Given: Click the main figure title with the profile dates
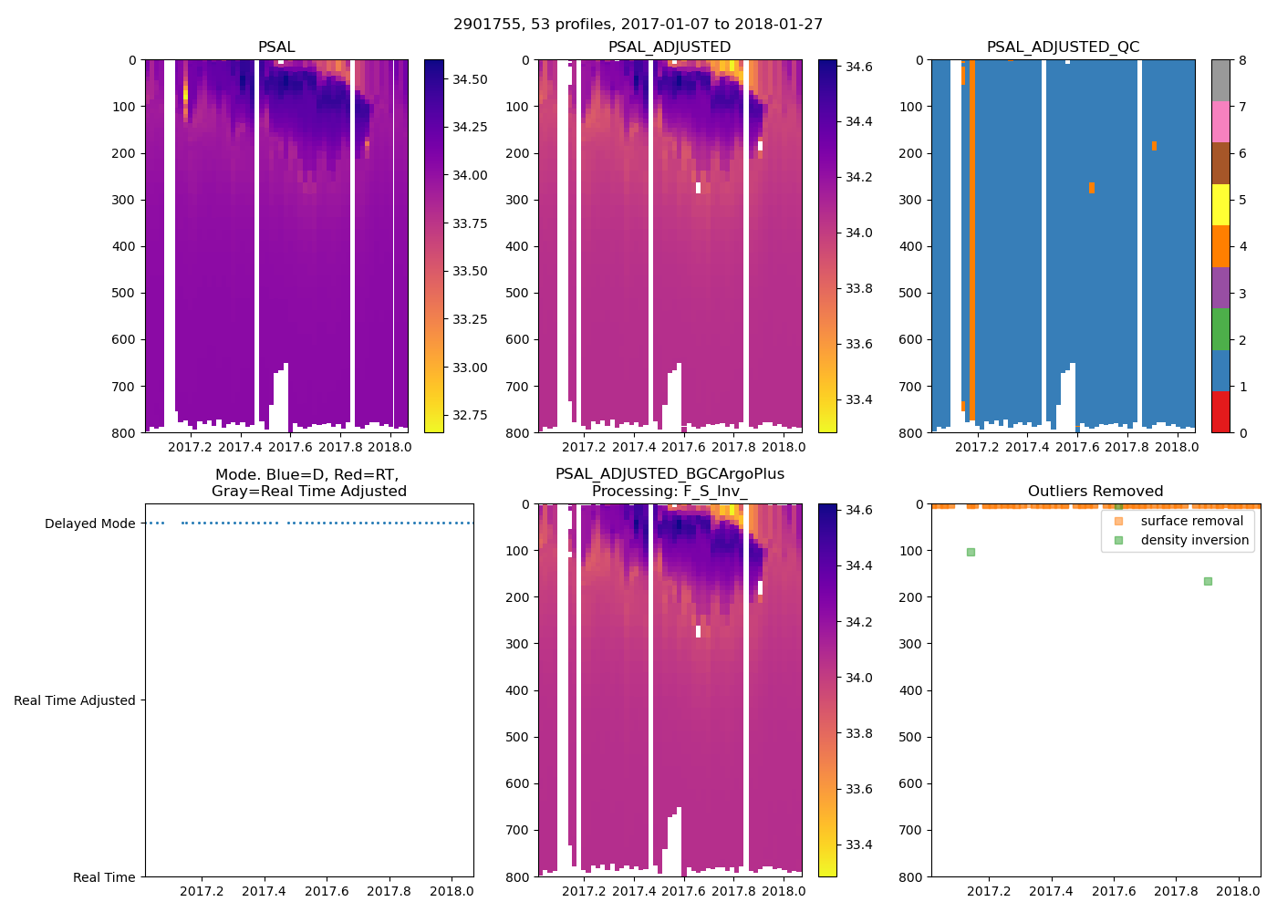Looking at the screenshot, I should pos(638,25).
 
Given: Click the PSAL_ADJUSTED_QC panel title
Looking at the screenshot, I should pos(1063,47).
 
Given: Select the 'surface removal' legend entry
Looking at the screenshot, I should pos(1191,521).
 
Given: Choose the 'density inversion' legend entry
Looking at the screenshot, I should pos(1194,540).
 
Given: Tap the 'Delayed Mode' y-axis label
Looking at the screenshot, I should pos(89,523).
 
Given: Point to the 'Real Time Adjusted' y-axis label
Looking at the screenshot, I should pos(74,700).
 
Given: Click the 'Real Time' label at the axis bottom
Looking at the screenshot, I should pos(104,877).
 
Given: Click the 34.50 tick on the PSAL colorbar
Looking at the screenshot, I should pos(470,79).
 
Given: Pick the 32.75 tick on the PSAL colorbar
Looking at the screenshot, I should pos(470,415).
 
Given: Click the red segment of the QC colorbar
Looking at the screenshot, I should pos(1220,411).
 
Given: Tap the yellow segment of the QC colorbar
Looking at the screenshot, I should pos(1220,204).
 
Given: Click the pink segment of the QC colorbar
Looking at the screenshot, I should pos(1220,121).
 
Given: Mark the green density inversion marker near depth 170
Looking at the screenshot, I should pos(1208,581).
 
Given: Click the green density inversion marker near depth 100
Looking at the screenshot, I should pos(971,552).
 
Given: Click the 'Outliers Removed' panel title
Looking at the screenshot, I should pos(1095,492).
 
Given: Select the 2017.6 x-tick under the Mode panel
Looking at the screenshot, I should pos(327,892).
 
